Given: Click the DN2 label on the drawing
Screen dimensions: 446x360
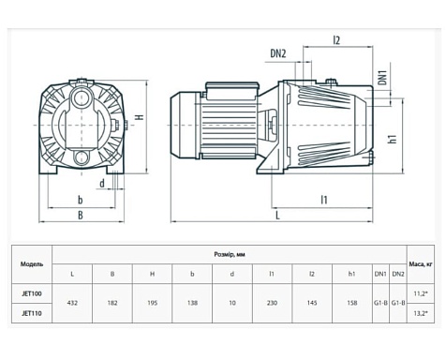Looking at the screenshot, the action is [x=278, y=53].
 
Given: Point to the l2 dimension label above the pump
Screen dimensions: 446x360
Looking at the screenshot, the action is [x=336, y=40].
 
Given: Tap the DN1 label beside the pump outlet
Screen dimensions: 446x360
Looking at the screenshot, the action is [x=383, y=77].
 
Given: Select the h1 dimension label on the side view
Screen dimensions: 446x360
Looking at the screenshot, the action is [x=393, y=139].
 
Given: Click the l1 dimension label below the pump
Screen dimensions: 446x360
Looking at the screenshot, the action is [x=324, y=200].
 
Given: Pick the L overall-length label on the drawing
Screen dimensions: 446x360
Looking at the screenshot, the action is [x=277, y=215].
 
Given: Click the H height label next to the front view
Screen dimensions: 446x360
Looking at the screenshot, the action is [x=141, y=117].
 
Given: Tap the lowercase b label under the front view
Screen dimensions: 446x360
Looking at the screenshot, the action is [x=81, y=200].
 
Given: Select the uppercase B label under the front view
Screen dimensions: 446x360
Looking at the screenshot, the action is [x=81, y=215].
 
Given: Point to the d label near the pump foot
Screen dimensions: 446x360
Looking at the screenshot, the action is [x=102, y=184].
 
